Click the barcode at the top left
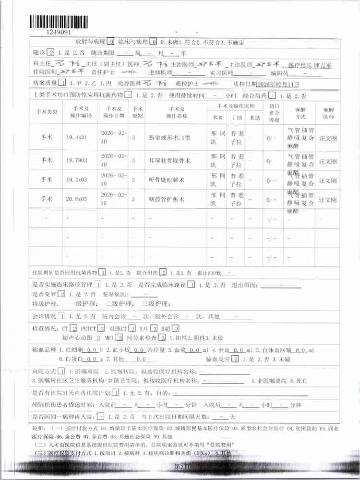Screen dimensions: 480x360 (59, 22)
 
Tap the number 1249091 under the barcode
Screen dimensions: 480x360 (60, 32)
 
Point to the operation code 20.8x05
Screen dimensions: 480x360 (77, 198)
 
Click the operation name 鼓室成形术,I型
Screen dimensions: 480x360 (170, 137)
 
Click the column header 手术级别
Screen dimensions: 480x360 (137, 112)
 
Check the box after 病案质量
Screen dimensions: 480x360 (64, 84)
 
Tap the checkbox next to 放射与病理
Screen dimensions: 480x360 (111, 42)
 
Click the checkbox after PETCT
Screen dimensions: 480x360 (101, 328)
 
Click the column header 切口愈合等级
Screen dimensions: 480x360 (273, 112)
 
